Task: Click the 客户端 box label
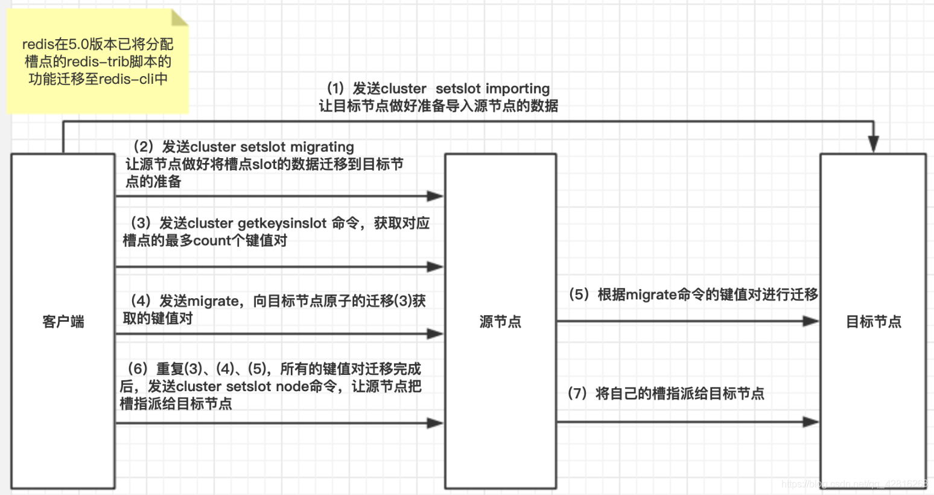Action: (63, 322)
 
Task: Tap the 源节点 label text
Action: (500, 322)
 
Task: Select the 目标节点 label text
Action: (873, 322)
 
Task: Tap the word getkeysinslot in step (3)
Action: (282, 223)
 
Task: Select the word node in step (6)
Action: (292, 386)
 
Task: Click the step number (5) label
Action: (579, 295)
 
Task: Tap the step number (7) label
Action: (577, 394)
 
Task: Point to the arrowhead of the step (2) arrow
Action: (435, 196)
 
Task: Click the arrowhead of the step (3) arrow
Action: (435, 267)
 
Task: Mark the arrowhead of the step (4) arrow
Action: (435, 334)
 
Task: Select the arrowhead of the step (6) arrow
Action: (435, 423)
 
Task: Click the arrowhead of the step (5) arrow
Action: (810, 321)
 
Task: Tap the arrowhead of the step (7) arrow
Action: (810, 422)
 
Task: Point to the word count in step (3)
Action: (212, 241)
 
